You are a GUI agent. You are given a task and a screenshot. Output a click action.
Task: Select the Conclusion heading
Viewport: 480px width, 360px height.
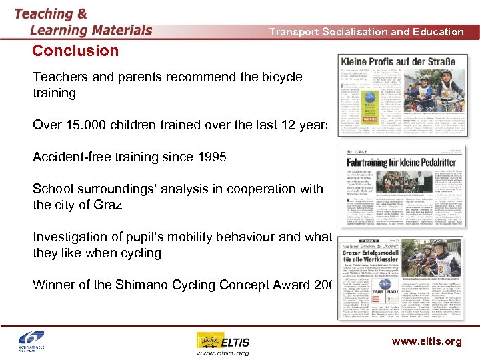pos(75,51)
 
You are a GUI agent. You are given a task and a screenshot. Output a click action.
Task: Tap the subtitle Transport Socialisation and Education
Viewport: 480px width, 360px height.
pos(366,31)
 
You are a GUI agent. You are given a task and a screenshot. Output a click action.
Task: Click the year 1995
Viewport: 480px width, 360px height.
pos(209,157)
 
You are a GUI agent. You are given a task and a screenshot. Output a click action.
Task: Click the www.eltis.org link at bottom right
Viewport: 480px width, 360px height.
pos(427,341)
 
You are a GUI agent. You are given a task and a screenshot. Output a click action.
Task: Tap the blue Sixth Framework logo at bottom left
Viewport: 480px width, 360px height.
pos(29,341)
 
